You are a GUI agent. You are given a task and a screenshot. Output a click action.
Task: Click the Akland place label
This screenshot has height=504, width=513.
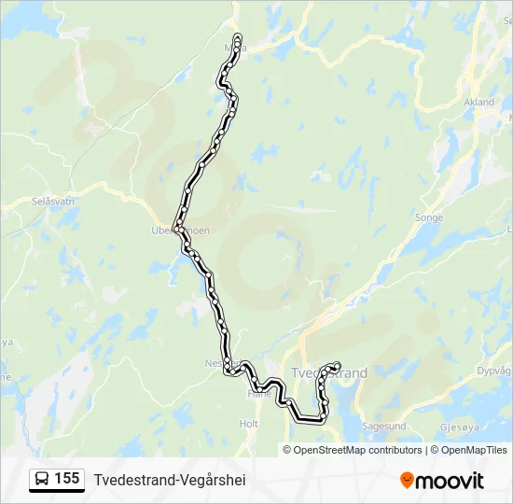pos(478,103)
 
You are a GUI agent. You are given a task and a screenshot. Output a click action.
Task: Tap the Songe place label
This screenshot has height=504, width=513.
pos(429,217)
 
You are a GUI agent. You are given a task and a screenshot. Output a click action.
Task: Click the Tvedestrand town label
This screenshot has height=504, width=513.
pos(329,373)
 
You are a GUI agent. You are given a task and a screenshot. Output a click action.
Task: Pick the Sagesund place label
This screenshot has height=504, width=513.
pos(384,426)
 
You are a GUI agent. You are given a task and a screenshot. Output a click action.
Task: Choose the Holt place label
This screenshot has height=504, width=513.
pos(248,424)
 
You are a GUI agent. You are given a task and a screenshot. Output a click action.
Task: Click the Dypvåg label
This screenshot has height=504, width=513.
pos(494,371)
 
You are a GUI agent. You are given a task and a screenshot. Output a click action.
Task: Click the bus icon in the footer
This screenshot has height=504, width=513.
pos(42,479)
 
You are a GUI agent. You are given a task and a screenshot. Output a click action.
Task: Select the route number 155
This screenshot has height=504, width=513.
pos(66,479)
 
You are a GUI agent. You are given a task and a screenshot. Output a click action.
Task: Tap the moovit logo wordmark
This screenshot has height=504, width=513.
pos(450,481)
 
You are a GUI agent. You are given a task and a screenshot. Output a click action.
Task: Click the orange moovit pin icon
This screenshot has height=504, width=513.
pos(407,480)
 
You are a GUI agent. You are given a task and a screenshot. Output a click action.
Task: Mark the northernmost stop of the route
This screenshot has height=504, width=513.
pos(238,36)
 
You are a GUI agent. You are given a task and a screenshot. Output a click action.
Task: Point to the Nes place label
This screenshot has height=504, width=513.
pos(212,363)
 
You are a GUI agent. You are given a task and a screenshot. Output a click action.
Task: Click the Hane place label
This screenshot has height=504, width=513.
pos(258,394)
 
